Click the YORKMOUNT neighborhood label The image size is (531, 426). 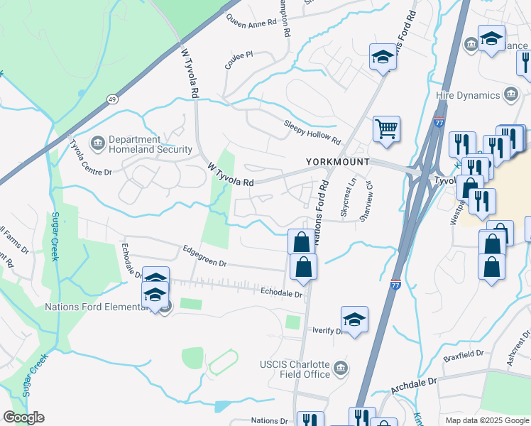(338, 162)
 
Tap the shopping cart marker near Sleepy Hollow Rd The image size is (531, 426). (386, 130)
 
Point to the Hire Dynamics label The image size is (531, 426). (469, 95)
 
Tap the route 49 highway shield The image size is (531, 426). (113, 99)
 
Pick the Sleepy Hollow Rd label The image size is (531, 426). (312, 130)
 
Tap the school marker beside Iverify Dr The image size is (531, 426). (354, 319)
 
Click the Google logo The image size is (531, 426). (23, 417)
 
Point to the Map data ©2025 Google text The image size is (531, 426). (486, 420)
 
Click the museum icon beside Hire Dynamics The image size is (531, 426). (510, 94)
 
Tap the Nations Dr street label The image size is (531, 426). (270, 421)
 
